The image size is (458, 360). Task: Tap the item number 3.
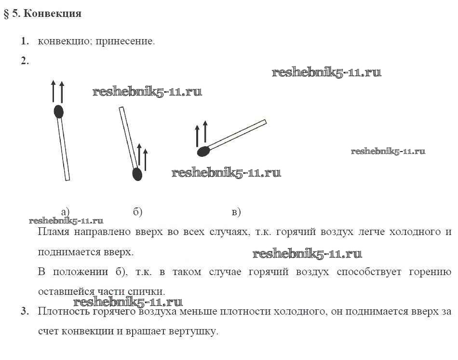click(x=24, y=312)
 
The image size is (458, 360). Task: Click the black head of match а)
click(x=58, y=111)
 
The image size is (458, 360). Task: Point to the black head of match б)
click(x=137, y=174)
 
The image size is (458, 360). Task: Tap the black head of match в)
click(x=203, y=152)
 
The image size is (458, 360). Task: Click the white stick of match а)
click(x=64, y=150)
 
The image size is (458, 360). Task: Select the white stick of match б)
click(x=128, y=138)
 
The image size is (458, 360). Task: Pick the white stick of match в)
click(x=239, y=134)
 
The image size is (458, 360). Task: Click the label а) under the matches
click(x=65, y=211)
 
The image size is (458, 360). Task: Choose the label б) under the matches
click(x=137, y=211)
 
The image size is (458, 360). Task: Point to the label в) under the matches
click(x=236, y=211)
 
